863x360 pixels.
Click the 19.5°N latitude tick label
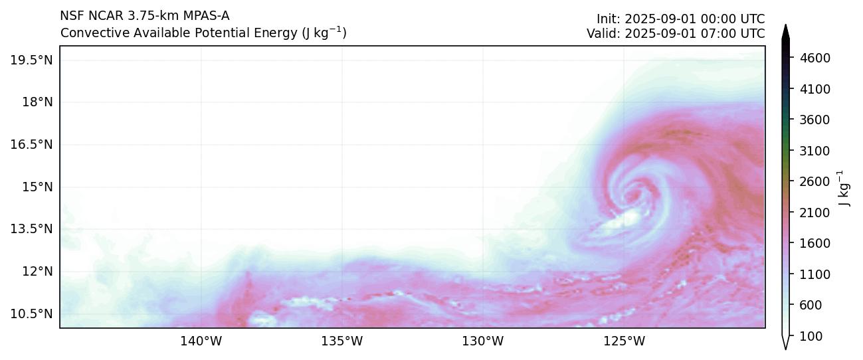tap(31, 60)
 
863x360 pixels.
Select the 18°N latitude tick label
tap(37, 102)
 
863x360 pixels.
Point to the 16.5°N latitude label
tap(31, 144)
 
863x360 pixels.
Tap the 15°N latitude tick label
tap(37, 187)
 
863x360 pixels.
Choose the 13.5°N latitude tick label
tap(31, 229)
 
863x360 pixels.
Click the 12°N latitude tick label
tap(37, 271)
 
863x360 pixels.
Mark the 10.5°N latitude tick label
tap(31, 314)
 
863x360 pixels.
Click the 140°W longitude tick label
tap(201, 341)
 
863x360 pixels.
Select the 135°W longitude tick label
tap(341, 341)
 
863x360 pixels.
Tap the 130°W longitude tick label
tap(483, 341)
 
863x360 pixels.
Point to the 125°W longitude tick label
tap(624, 341)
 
